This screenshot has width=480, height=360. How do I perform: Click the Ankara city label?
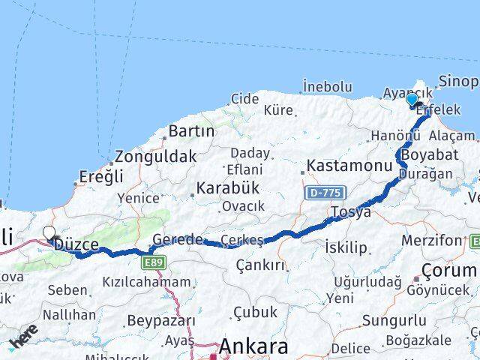click(253, 347)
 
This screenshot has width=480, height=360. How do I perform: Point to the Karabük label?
click(227, 187)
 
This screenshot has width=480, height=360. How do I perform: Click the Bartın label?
click(191, 131)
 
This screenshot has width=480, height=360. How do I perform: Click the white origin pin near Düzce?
click(49, 234)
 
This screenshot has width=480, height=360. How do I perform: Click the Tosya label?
click(352, 212)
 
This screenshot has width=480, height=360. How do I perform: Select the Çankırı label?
click(260, 265)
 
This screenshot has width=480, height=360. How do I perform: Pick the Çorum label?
click(448, 269)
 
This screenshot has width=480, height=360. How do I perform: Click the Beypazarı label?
click(160, 321)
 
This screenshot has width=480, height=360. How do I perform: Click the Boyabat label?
click(424, 154)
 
